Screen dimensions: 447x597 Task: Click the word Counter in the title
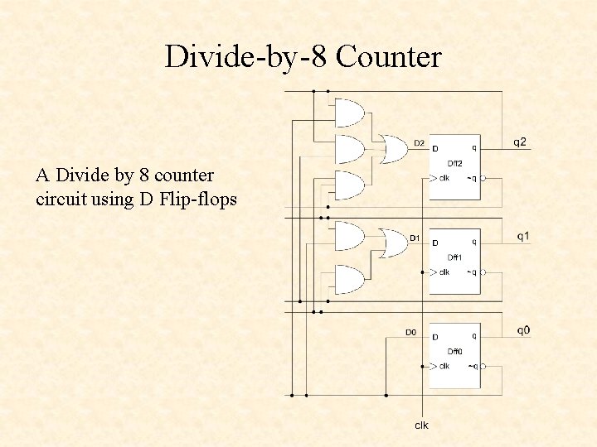pos(389,57)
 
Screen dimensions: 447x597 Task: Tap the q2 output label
pos(519,142)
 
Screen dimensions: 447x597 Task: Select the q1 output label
pos(523,237)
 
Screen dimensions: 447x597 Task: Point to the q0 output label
pos(523,331)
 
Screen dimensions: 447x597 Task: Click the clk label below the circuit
pos(422,425)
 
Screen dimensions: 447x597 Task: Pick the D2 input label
pos(419,143)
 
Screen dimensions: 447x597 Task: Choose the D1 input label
pos(415,238)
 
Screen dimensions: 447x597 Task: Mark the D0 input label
pos(410,333)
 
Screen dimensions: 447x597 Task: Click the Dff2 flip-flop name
pos(454,163)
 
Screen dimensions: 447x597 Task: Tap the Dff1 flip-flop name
pos(454,257)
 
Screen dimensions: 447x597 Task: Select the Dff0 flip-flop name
pos(454,352)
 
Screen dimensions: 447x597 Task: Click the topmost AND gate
pos(350,112)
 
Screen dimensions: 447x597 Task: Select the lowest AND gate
pos(350,280)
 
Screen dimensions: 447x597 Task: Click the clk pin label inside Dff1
pos(444,272)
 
